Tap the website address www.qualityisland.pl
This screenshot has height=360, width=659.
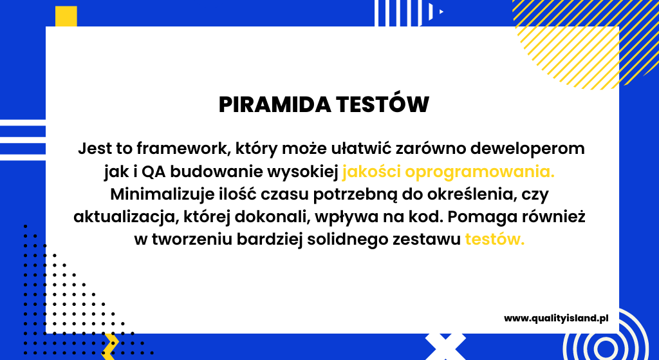point(556,318)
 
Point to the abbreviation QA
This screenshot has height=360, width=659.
point(153,172)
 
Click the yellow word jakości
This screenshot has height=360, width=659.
point(371,171)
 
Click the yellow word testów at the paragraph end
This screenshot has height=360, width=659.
point(495,240)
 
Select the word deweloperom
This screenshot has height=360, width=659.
point(528,149)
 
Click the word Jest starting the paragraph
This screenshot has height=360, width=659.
point(94,149)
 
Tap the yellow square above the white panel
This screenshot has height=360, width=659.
point(66,16)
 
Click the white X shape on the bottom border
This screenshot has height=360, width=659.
point(445,346)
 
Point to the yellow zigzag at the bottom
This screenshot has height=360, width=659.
point(110,346)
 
